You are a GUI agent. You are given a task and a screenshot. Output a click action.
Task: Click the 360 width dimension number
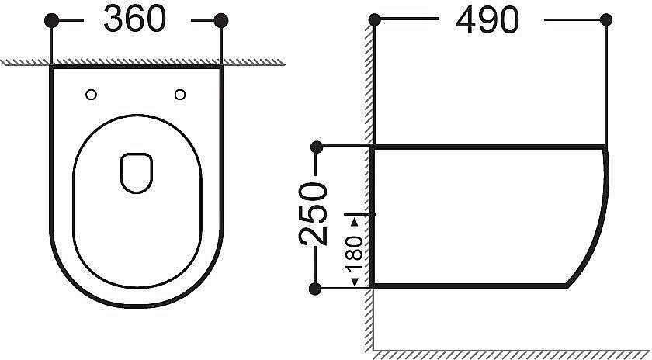click(135, 21)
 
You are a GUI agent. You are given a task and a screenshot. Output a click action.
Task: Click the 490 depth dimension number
click(487, 21)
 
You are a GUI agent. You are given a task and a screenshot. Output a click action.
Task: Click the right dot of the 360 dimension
click(221, 21)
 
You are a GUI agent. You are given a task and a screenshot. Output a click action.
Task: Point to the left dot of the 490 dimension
click(374, 21)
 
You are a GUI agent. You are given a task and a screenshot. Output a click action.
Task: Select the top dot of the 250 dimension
click(316, 147)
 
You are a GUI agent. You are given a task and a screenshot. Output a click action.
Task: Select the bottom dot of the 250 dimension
click(316, 289)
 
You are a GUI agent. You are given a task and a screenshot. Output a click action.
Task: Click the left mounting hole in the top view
click(92, 95)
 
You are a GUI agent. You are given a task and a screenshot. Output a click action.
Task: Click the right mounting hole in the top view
click(181, 95)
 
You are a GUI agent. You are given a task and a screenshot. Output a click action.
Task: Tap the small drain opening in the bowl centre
click(136, 171)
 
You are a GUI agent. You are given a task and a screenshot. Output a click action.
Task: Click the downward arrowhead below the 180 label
click(355, 281)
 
